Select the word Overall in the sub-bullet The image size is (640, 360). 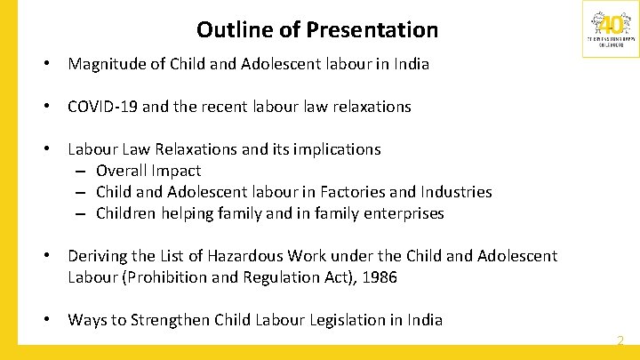point(121,171)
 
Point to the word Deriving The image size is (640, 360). point(100,256)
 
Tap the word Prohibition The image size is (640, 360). point(169,277)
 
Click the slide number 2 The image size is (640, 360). point(620,340)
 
